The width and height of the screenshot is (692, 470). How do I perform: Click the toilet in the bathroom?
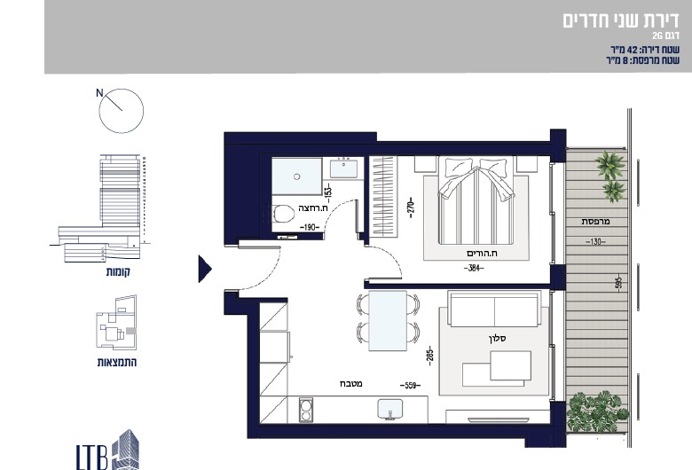283,215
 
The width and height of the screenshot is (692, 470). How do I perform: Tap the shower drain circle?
297,176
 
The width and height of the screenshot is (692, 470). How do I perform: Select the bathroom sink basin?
344,169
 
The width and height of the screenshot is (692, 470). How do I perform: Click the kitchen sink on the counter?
390,410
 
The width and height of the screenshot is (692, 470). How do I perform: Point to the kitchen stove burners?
306,409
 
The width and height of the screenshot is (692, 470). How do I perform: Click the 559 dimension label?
410,385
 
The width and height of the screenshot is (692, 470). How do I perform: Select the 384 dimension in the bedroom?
474,268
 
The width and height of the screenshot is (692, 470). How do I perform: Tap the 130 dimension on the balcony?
595,242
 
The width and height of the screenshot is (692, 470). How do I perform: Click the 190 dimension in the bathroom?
310,227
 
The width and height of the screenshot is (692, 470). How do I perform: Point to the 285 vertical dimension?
430,356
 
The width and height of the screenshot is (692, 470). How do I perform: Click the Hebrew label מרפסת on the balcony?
595,222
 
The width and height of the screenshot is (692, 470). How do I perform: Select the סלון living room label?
498,339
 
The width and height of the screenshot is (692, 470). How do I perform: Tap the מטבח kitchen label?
351,383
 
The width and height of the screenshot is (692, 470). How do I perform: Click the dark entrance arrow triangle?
205,269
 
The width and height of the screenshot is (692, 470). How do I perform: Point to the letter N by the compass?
99,93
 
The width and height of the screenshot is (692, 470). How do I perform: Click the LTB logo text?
91,457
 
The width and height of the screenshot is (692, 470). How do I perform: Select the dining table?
388,321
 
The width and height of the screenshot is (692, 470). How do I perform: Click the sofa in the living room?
494,309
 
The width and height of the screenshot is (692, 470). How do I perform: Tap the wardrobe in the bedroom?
383,196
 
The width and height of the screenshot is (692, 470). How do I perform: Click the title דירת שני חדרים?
621,20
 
